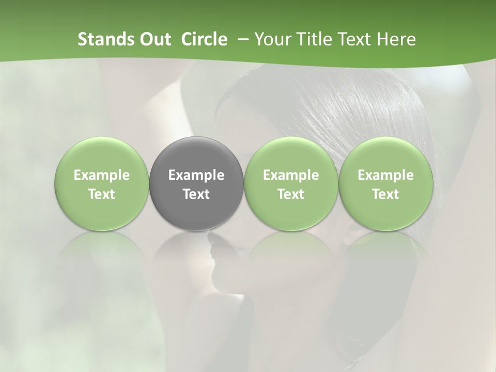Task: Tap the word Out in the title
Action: (x=154, y=39)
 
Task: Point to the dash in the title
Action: (x=241, y=40)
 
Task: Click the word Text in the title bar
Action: (x=355, y=39)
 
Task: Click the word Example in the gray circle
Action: (x=196, y=175)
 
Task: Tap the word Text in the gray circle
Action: (x=196, y=194)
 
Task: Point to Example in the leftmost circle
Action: (x=102, y=175)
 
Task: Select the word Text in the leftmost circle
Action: (x=102, y=194)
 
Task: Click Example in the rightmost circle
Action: (x=385, y=175)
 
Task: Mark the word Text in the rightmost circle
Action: (x=385, y=194)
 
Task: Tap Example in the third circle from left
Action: (x=291, y=175)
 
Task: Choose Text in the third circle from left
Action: (x=291, y=194)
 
